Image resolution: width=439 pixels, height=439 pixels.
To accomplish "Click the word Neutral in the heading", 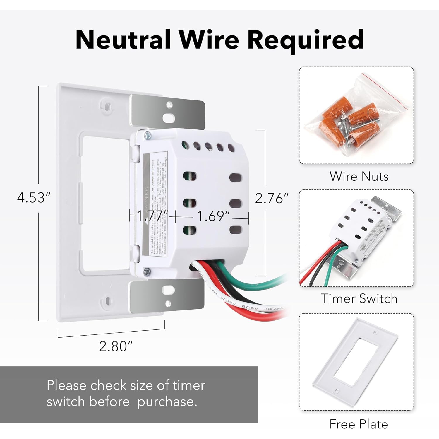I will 123,40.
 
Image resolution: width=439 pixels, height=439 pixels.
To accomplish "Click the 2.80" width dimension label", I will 116,346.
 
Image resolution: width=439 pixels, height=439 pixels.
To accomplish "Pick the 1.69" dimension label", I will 213,216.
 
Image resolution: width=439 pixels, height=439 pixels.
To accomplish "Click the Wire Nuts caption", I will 359,176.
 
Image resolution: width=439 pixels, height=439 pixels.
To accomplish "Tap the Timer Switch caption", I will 359,298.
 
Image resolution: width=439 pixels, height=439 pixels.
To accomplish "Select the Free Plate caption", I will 359,424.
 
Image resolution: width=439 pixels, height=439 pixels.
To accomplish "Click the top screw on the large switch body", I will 148,135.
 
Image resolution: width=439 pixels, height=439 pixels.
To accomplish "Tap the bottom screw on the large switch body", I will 147,271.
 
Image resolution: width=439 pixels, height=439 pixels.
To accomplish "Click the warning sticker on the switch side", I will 155,205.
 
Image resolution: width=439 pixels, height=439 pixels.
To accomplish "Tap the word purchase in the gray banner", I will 167,402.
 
